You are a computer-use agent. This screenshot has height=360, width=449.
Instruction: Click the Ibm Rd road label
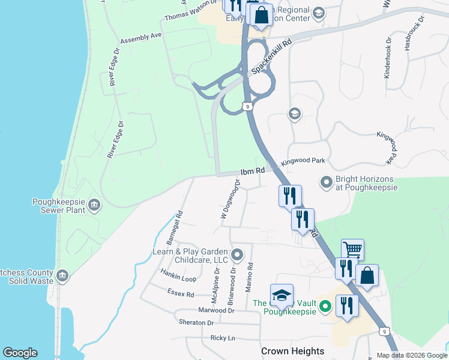pos(253,172)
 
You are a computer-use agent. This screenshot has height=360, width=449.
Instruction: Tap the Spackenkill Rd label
pos(271,57)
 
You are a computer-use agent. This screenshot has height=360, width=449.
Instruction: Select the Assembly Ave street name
pos(141,37)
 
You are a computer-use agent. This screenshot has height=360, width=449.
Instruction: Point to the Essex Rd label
pos(181,294)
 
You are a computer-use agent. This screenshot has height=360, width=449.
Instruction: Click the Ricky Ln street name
pos(222,338)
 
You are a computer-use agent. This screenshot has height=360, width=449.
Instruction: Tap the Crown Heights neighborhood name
pos(292,351)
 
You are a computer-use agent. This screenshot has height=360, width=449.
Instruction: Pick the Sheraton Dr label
pos(196,322)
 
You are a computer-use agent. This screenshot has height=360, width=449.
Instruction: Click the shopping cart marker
pos(352,248)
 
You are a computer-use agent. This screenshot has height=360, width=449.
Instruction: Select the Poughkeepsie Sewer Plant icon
pos(94,206)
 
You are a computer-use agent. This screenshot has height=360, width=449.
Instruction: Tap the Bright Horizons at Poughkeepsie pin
pos(326,181)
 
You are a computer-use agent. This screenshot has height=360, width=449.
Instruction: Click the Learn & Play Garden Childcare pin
pos(237,255)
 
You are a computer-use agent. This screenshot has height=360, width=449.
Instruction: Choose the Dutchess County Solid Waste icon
pos(62,276)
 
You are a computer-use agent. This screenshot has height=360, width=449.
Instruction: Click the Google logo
pos(20,353)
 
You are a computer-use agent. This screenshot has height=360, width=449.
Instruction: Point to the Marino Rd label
pos(250,277)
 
